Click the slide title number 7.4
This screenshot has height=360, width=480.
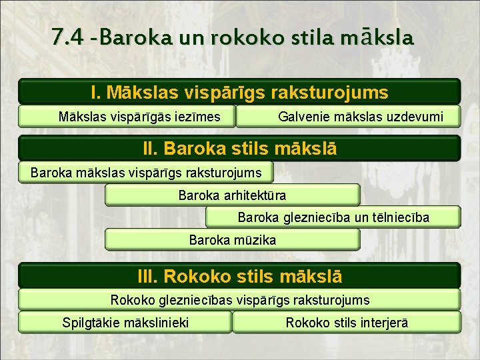point(66,36)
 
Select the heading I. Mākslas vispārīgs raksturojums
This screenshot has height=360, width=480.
point(239,91)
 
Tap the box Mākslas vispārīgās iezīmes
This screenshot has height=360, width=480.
point(127,117)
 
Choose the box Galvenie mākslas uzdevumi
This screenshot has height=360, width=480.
point(349,117)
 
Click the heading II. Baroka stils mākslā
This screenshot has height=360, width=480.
point(239,147)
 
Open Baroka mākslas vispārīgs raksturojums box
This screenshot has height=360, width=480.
point(146,173)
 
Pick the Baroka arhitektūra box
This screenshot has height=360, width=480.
point(232,195)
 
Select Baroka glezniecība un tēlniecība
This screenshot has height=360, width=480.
point(333,217)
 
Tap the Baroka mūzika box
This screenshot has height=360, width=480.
point(232,239)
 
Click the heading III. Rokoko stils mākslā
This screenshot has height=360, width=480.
point(239,275)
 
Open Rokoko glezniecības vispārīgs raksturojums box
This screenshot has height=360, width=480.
point(239,300)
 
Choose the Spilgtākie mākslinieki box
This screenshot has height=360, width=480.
point(125,323)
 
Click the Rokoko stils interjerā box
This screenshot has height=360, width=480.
point(347,323)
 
